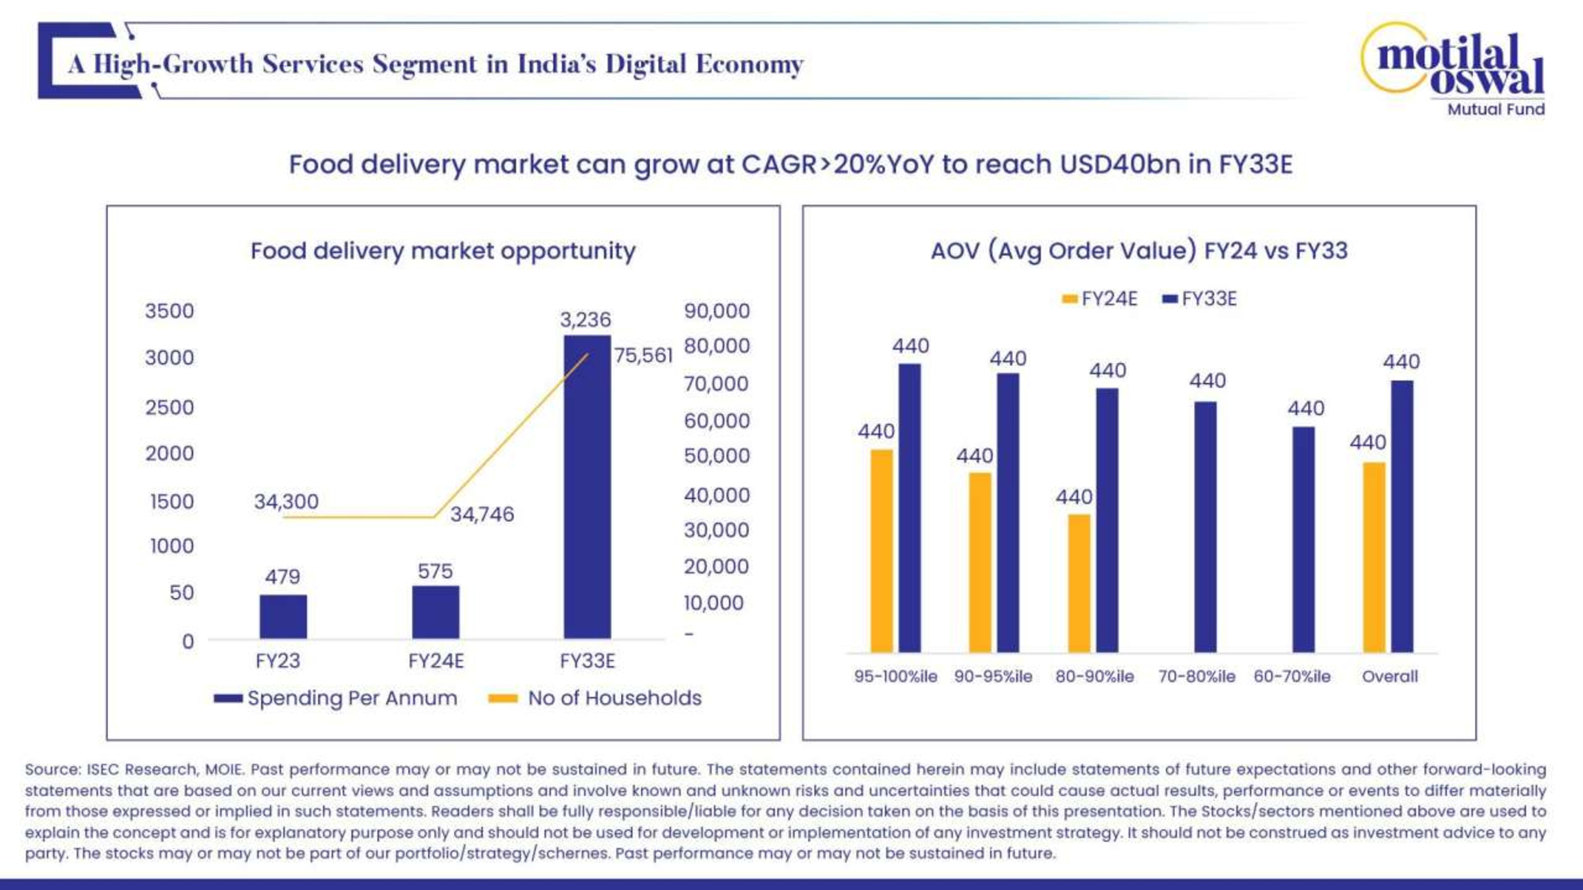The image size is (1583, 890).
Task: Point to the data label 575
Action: point(435,571)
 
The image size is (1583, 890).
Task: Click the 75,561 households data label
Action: point(643,356)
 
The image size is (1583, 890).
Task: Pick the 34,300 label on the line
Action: point(287,501)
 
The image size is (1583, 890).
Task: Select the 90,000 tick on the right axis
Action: point(717,311)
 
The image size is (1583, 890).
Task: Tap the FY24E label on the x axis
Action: point(436,661)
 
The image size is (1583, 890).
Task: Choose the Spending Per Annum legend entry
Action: point(336,699)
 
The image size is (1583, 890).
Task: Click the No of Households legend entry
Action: point(595,699)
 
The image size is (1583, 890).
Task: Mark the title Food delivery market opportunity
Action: point(443,251)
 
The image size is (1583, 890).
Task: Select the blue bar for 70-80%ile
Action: point(1205,526)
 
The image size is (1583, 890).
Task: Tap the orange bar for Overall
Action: point(1374,557)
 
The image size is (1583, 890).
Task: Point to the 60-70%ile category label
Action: point(1292,676)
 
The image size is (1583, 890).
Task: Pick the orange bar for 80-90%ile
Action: point(1079,583)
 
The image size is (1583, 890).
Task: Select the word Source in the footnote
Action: point(52,770)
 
